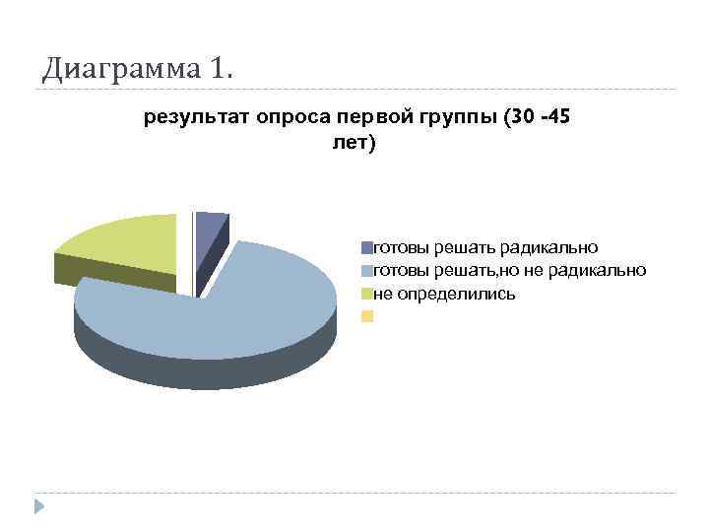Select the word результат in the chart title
click(x=197, y=118)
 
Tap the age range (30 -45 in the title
click(x=536, y=118)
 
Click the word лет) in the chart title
click(x=355, y=144)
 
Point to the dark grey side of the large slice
click(x=197, y=369)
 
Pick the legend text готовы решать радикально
click(x=486, y=247)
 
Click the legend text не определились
click(x=444, y=294)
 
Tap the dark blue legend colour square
click(x=367, y=247)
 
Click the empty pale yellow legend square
click(x=367, y=316)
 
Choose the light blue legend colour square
click(x=367, y=270)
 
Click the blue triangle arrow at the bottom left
click(x=40, y=506)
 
